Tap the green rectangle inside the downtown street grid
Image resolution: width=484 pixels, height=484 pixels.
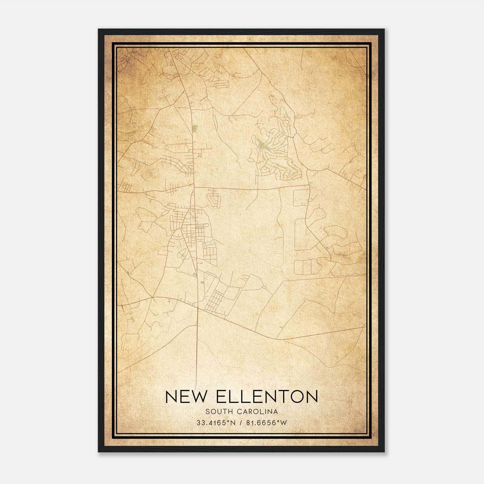[200, 226]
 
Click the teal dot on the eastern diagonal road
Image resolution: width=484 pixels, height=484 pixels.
[327, 248]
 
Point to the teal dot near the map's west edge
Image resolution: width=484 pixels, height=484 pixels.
[128, 273]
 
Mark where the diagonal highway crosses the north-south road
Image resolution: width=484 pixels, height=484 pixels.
[197, 308]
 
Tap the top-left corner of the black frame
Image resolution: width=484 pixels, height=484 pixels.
[99, 29]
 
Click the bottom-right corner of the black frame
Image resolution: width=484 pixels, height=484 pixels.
[384, 452]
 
